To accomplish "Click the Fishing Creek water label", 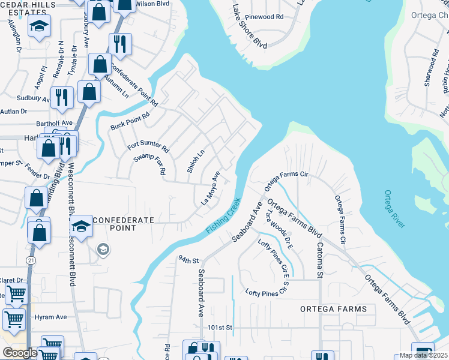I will [x=223, y=217].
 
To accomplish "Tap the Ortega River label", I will [x=395, y=209].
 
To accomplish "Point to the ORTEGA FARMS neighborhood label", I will [x=334, y=309].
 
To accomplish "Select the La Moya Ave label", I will [x=210, y=188].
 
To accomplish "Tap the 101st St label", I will [x=220, y=328].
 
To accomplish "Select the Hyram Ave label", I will [x=50, y=317].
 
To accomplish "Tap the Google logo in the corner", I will [x=20, y=353].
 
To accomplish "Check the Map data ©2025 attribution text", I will [x=424, y=355].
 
